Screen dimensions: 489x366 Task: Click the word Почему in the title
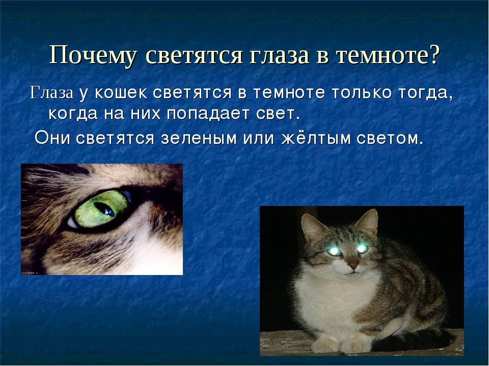[x=93, y=55]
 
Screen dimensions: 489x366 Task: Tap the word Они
[x=52, y=138]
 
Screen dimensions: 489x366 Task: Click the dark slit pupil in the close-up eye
[x=104, y=209]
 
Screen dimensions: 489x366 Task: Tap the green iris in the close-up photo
[x=101, y=209]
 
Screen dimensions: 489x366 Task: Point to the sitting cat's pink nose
[x=354, y=266]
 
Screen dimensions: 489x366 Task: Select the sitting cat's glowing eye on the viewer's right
[x=362, y=249]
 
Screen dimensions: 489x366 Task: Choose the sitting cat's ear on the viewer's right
[x=368, y=222]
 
